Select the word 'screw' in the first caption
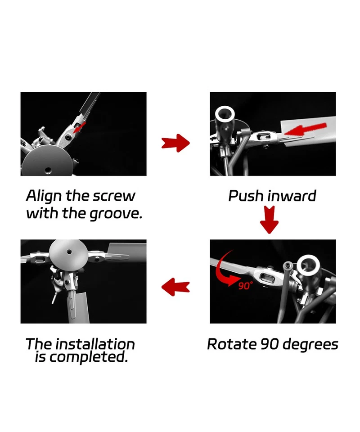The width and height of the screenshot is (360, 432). [114, 197]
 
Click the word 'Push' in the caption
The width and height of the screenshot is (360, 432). [246, 196]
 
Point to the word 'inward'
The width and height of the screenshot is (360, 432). [292, 196]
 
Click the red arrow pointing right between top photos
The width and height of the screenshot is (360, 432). [176, 143]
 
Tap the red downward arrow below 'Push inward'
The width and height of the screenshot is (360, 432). [270, 219]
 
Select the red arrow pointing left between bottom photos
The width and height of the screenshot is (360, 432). [175, 287]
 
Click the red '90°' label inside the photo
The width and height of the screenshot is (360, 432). [246, 285]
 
